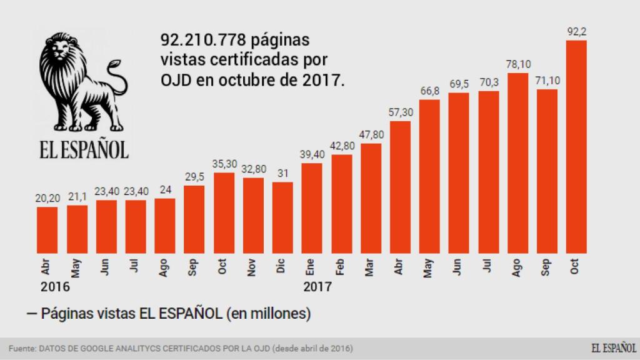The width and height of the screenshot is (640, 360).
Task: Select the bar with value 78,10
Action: pos(517,162)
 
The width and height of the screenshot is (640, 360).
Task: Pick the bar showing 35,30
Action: pos(224,212)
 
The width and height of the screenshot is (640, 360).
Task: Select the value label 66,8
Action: pos(429,91)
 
